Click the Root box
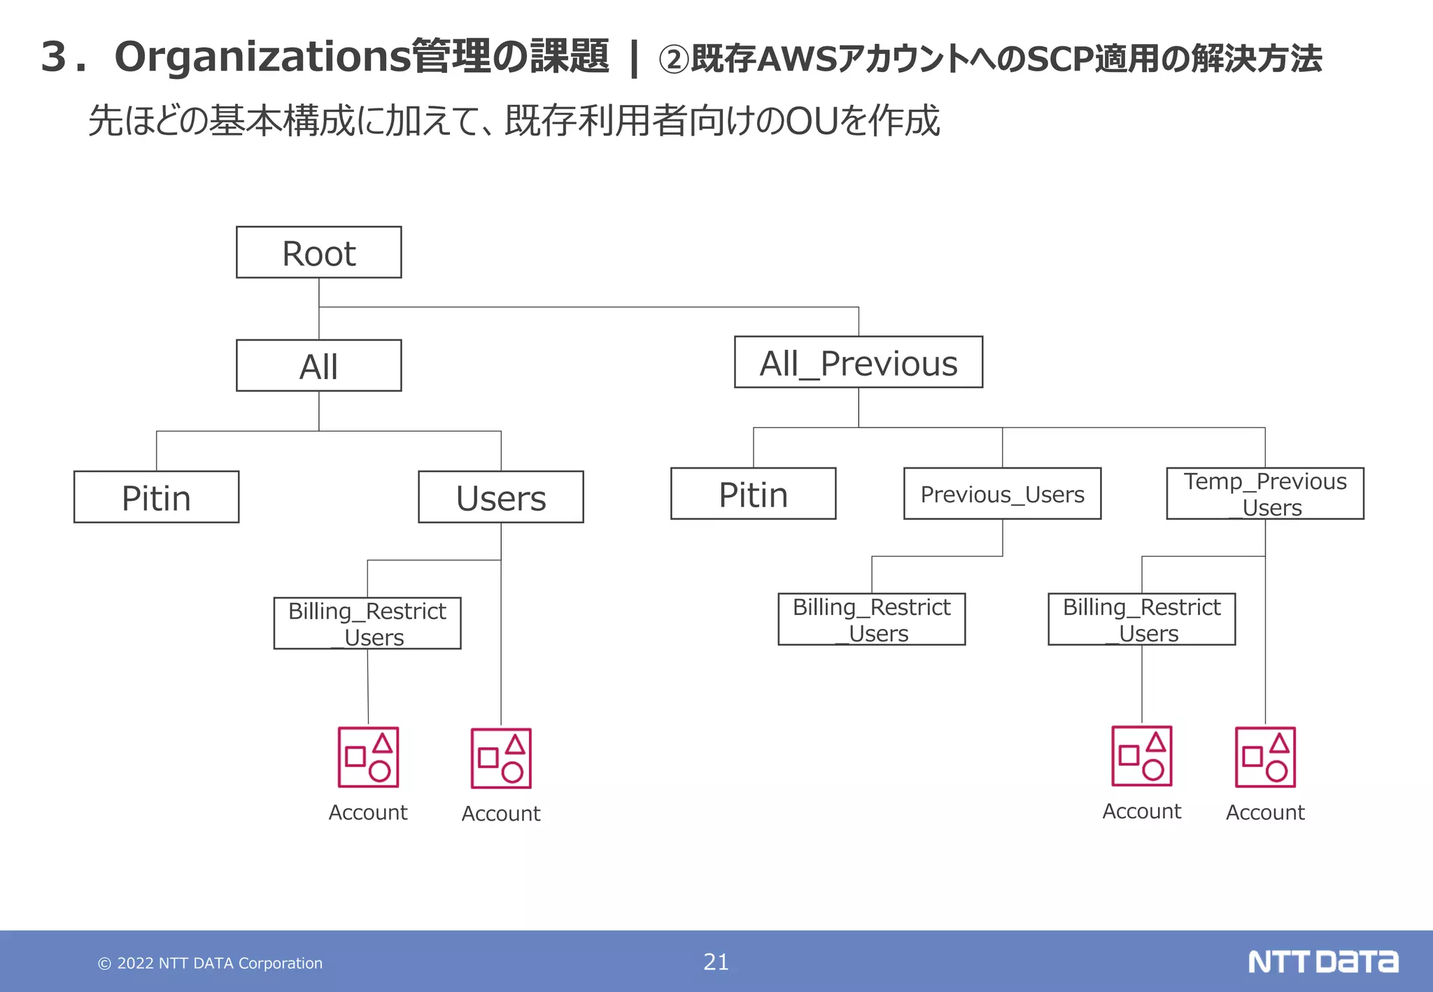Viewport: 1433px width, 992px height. (x=318, y=253)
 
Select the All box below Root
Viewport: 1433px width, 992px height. (x=318, y=366)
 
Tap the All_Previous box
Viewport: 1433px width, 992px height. (x=858, y=362)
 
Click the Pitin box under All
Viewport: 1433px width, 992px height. (x=156, y=497)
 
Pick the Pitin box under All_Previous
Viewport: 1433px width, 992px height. (x=753, y=494)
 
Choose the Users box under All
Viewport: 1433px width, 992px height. (x=500, y=497)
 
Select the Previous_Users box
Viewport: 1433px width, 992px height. (x=1002, y=494)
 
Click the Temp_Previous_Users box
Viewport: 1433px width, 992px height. (x=1264, y=494)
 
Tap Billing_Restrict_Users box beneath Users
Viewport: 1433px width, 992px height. (x=367, y=623)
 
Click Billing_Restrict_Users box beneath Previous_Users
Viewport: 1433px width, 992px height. (x=871, y=619)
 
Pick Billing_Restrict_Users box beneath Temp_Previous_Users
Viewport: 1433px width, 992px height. (x=1141, y=619)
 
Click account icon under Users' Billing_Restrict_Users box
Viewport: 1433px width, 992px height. (x=368, y=757)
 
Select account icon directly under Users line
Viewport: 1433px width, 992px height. (x=501, y=758)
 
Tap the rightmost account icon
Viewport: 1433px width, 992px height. (x=1265, y=757)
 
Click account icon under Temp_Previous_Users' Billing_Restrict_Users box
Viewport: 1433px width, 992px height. (x=1142, y=756)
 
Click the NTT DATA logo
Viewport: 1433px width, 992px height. (x=1322, y=962)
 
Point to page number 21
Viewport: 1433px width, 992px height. (x=716, y=962)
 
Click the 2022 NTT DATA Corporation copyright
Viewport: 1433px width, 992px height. (x=210, y=963)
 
